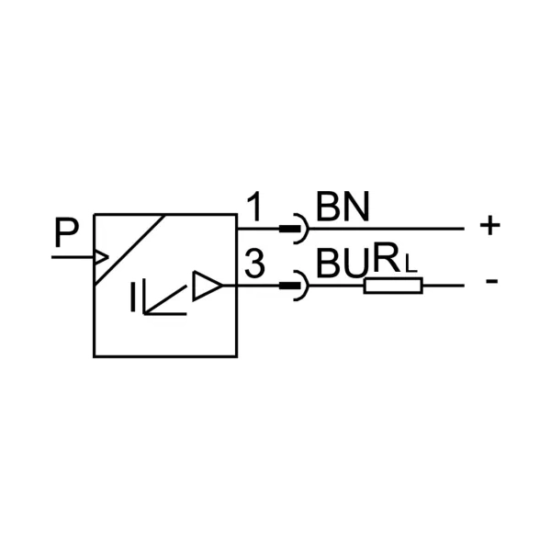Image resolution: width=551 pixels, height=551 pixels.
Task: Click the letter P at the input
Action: (67, 232)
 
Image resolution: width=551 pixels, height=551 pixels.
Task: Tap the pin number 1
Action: (254, 207)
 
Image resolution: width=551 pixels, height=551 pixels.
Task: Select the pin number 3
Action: (254, 264)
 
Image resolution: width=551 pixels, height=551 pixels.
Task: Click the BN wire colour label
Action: (343, 207)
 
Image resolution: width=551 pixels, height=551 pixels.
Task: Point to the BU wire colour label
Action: (343, 264)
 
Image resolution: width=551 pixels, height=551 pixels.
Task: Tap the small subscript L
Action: (411, 264)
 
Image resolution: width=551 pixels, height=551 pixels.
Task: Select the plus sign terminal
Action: (489, 225)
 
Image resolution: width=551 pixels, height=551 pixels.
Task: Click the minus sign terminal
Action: (492, 281)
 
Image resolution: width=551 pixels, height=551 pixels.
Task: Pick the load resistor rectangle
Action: (393, 286)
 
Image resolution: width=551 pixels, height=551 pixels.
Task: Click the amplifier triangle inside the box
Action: (208, 286)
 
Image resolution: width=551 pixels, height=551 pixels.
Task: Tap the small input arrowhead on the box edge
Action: (102, 257)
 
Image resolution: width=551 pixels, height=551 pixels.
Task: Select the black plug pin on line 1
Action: (290, 229)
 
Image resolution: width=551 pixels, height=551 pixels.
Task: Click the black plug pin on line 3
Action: (290, 286)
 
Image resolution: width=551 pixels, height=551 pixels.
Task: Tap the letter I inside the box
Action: (133, 297)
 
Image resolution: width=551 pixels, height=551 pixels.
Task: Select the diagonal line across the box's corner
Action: (129, 249)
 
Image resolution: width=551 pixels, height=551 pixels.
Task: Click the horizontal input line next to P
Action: (73, 257)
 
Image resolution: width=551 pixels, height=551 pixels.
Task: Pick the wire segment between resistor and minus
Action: (444, 286)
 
